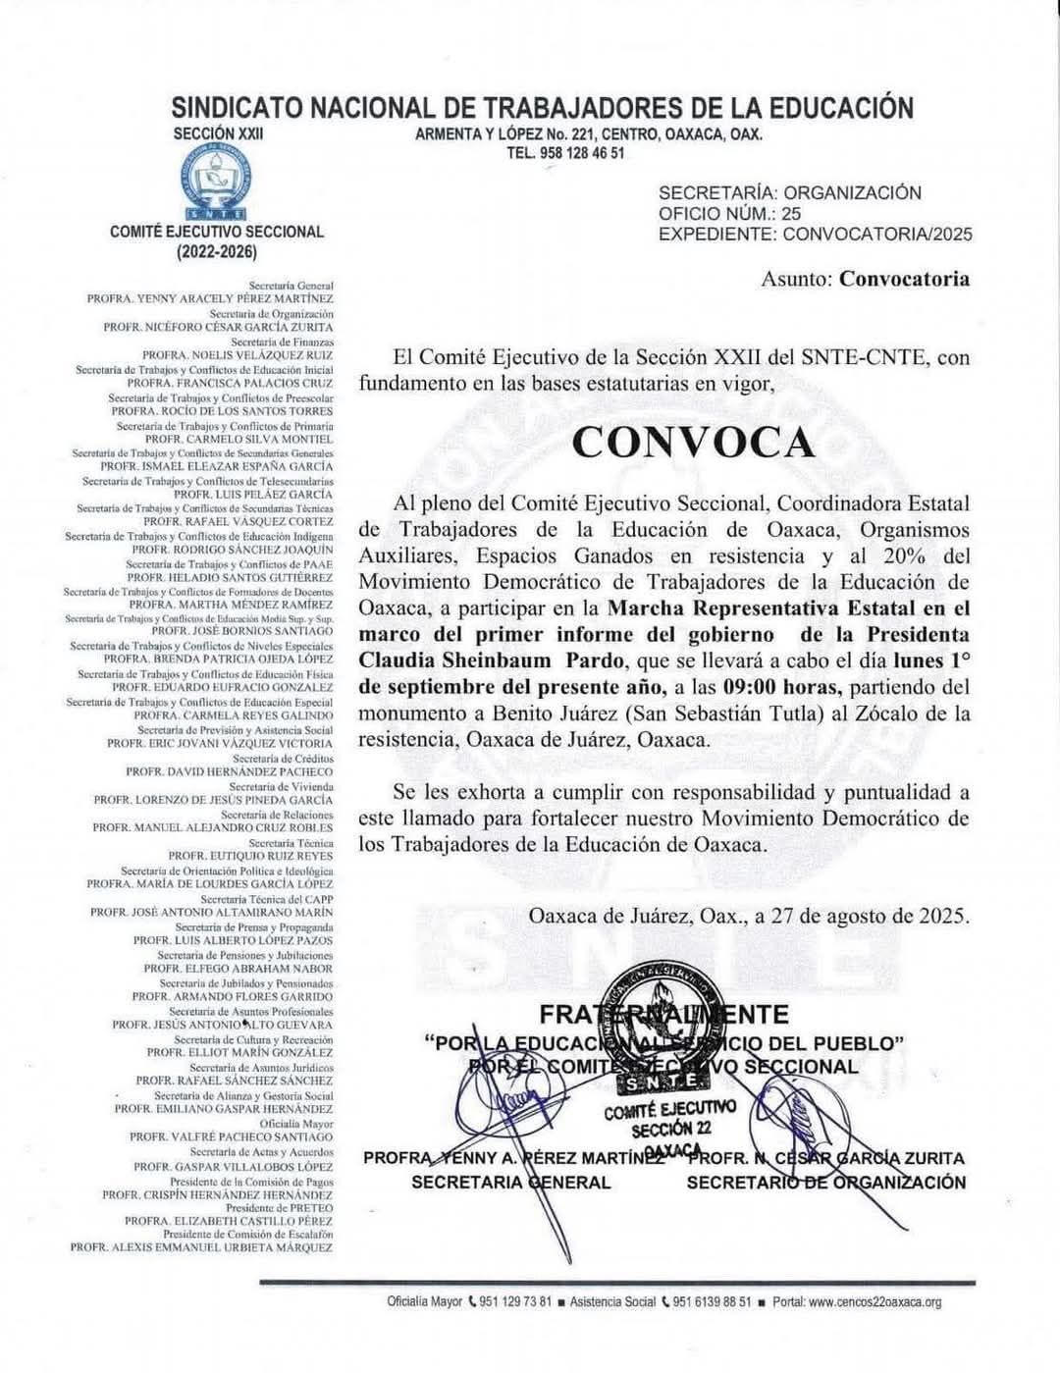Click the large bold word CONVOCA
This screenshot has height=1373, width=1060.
(693, 443)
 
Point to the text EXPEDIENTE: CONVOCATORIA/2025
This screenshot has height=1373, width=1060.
(815, 234)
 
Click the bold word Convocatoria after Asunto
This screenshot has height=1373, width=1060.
(904, 279)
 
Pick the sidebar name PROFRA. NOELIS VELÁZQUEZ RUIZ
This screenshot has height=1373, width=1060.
(237, 354)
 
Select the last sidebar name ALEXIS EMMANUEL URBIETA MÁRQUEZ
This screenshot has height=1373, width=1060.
(201, 1246)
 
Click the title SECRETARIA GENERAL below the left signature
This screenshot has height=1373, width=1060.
(510, 1182)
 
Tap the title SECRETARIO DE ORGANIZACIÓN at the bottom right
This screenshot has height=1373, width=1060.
(825, 1182)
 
